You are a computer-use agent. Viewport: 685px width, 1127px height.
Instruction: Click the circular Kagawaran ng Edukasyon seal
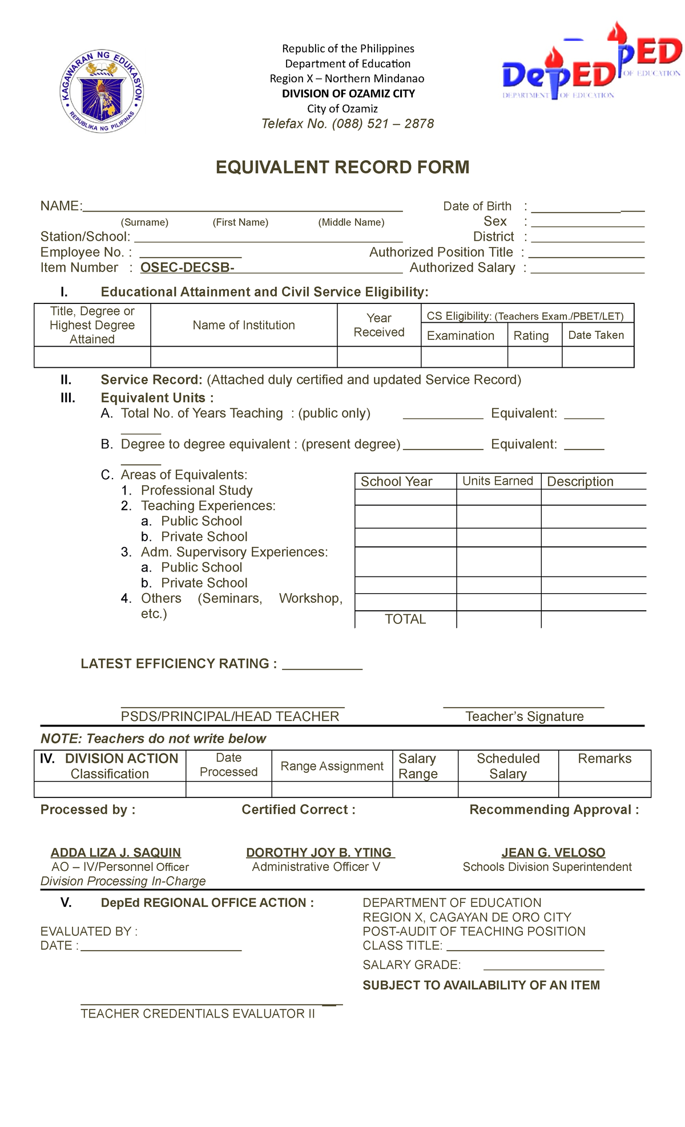click(102, 91)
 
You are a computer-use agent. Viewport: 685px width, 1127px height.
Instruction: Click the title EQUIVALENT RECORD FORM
click(342, 168)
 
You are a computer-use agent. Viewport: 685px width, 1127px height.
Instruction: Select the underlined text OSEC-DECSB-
click(187, 267)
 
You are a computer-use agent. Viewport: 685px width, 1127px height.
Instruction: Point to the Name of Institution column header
click(244, 325)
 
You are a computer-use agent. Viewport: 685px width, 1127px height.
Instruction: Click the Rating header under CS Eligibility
click(531, 336)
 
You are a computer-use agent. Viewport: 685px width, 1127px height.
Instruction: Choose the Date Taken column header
click(596, 335)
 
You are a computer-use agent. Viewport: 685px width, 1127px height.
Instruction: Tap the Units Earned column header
click(498, 481)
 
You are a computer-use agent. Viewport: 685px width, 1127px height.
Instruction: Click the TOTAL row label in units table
click(405, 619)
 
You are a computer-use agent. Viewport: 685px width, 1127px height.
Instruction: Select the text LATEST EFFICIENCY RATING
click(179, 664)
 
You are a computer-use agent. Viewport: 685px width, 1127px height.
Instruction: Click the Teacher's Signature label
click(524, 716)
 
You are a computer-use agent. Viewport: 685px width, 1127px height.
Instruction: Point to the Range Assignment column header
click(332, 766)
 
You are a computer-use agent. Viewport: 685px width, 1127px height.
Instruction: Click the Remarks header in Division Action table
click(605, 759)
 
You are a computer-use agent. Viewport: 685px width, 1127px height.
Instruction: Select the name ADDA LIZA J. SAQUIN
click(116, 853)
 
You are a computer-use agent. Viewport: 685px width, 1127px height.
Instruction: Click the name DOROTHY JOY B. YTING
click(319, 853)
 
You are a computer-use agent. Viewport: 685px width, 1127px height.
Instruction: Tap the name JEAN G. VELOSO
click(553, 853)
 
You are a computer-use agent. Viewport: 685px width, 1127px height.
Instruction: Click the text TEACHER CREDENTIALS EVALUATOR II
click(198, 1014)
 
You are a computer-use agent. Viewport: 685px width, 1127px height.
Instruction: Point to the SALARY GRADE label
click(412, 965)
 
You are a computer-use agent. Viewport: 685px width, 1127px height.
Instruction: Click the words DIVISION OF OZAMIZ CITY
click(348, 94)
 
